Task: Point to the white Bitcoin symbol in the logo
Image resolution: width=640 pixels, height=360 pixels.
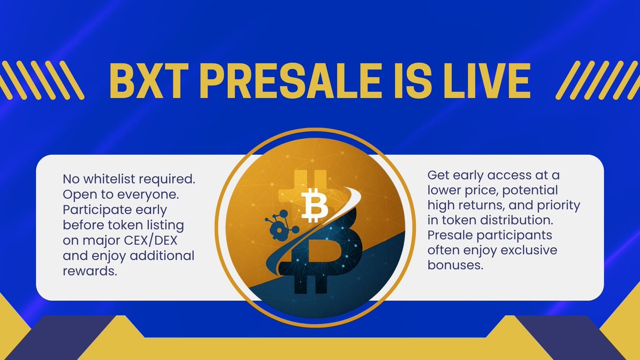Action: point(315,205)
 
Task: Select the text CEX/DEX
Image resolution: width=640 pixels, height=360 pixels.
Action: point(150,241)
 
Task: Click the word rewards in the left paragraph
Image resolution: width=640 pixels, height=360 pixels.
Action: point(90,271)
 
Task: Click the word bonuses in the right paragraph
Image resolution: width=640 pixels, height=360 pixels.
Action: point(455,265)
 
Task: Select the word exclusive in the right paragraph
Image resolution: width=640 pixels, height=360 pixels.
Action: point(529,250)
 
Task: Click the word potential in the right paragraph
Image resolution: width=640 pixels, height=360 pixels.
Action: point(530,190)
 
